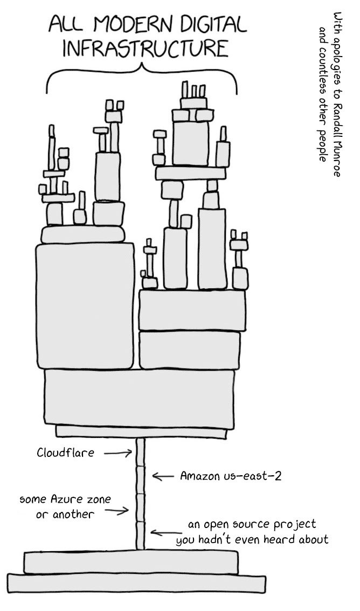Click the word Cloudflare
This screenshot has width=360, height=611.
point(65,453)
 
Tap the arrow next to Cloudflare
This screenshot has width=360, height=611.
point(117,454)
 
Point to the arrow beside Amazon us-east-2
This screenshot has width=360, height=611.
point(162,476)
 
